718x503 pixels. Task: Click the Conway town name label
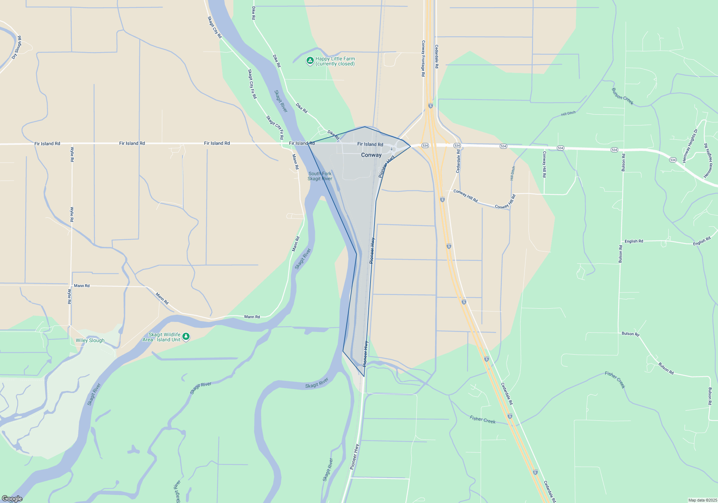pyautogui.click(x=371, y=155)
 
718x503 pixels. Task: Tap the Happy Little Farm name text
pyautogui.click(x=335, y=59)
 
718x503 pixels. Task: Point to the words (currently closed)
pyautogui.click(x=335, y=64)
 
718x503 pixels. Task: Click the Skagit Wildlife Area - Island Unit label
pyautogui.click(x=164, y=337)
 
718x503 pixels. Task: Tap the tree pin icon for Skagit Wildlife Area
pyautogui.click(x=186, y=337)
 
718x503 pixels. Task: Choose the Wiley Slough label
pyautogui.click(x=90, y=340)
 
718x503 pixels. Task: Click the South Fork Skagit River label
pyautogui.click(x=320, y=176)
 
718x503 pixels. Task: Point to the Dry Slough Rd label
pyautogui.click(x=17, y=47)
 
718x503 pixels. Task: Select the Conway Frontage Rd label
pyautogui.click(x=423, y=58)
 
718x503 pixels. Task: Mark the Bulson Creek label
pyautogui.click(x=622, y=96)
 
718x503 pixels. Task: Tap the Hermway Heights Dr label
pyautogui.click(x=690, y=146)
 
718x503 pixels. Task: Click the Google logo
pyautogui.click(x=12, y=499)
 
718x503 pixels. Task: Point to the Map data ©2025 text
pyautogui.click(x=702, y=500)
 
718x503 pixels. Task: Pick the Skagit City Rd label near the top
pyautogui.click(x=215, y=27)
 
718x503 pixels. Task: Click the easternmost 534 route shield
pyautogui.click(x=672, y=160)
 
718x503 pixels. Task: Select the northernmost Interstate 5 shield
pyautogui.click(x=430, y=106)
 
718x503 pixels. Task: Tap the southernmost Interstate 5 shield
pyautogui.click(x=535, y=472)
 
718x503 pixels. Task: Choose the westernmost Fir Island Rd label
pyautogui.click(x=47, y=144)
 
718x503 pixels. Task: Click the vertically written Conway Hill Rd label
pyautogui.click(x=544, y=164)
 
